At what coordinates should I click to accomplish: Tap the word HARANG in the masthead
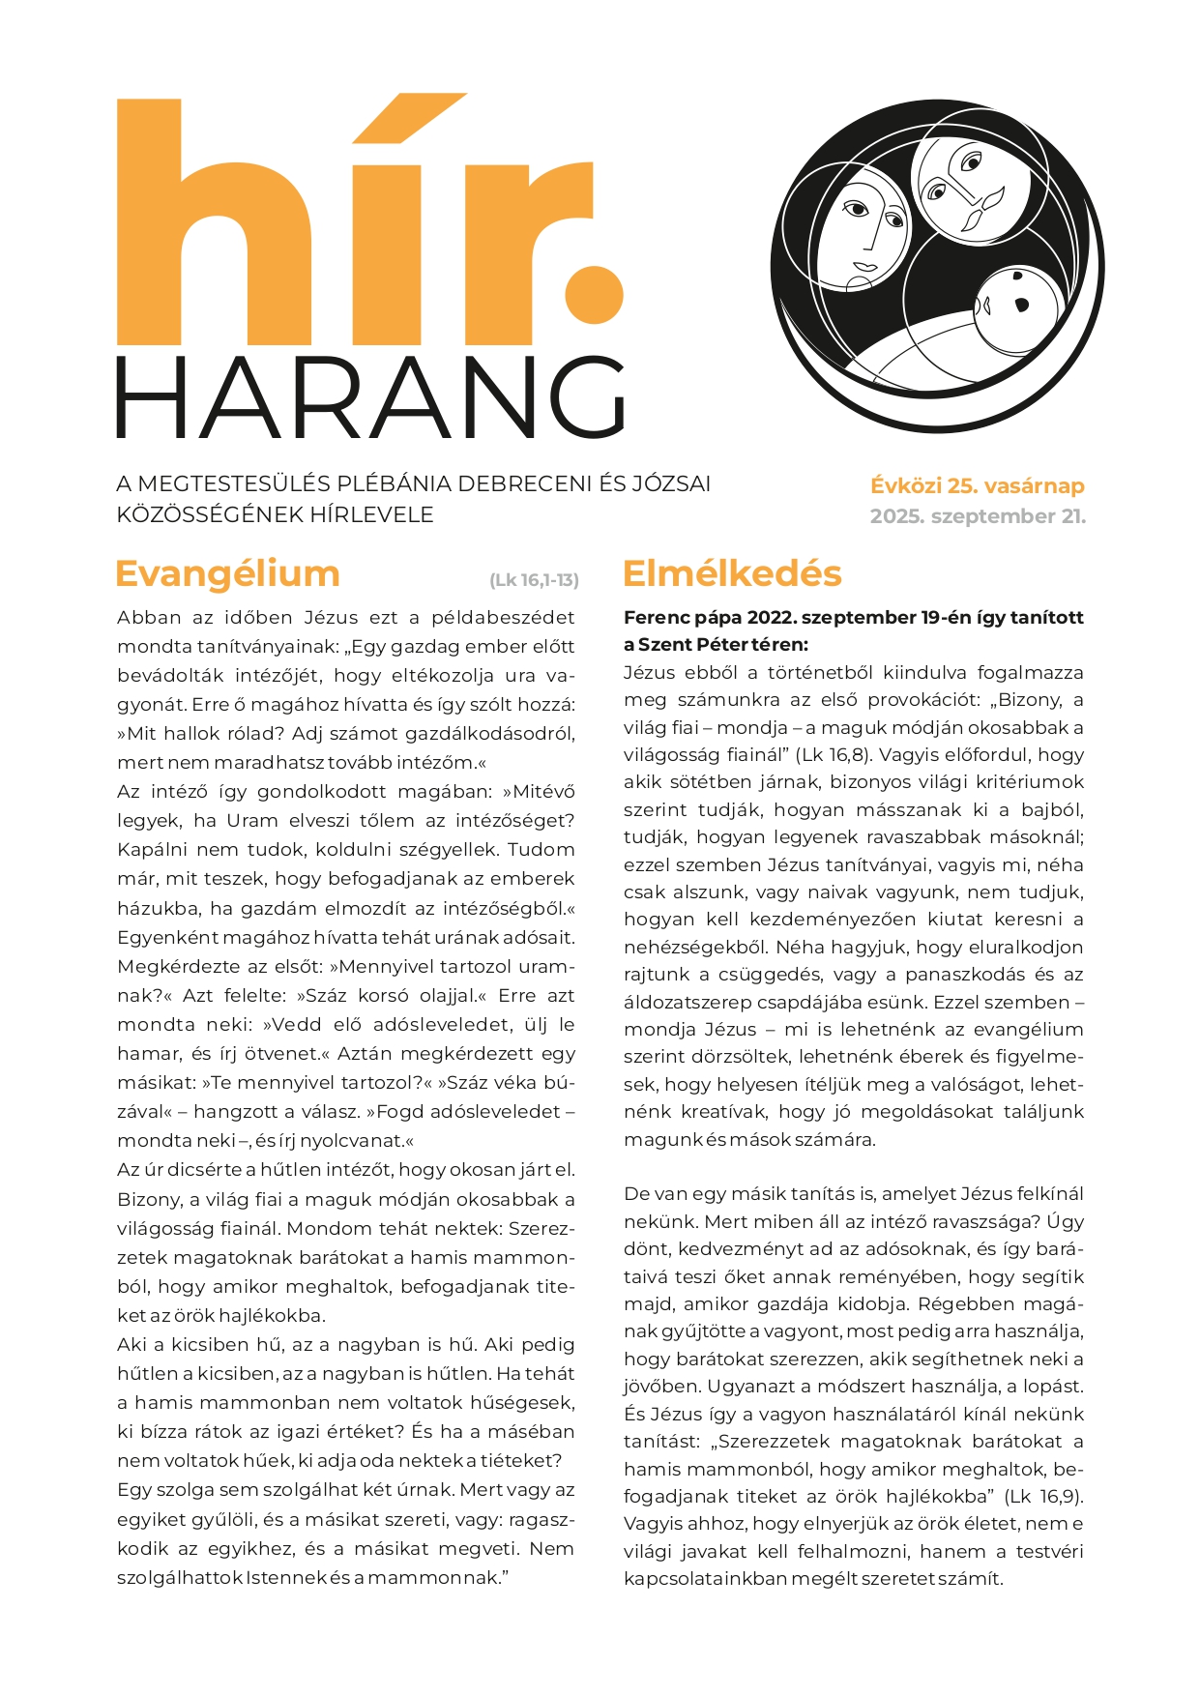click(x=371, y=397)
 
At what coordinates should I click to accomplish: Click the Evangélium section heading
click(x=227, y=573)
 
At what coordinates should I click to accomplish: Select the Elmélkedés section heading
click(x=732, y=573)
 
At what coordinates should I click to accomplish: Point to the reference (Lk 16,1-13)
click(x=534, y=580)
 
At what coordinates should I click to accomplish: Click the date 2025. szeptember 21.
click(x=978, y=516)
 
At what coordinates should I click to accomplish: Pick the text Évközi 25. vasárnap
click(x=978, y=485)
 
